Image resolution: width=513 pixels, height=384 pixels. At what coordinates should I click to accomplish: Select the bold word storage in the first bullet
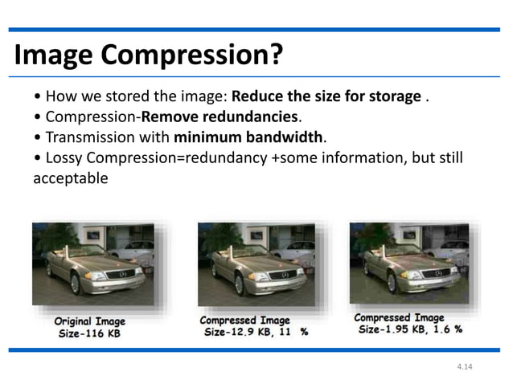click(x=392, y=99)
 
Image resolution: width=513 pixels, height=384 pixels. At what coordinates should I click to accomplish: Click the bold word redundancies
click(x=241, y=118)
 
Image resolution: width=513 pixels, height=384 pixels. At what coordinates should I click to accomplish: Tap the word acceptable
click(x=70, y=177)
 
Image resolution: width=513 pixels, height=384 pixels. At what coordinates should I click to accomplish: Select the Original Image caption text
click(x=89, y=321)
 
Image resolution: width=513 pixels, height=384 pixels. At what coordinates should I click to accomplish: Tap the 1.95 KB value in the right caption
click(x=407, y=330)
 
